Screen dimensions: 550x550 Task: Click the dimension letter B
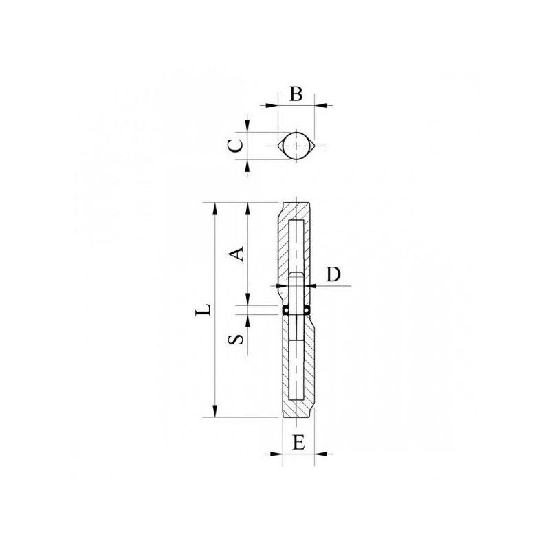tap(296, 94)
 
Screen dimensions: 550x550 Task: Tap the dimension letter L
tap(203, 309)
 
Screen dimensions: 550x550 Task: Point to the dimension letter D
tap(333, 274)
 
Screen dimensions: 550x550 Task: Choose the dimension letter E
tap(298, 443)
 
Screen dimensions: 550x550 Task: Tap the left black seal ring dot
tap(286, 310)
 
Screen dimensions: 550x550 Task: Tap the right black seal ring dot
tap(307, 310)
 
